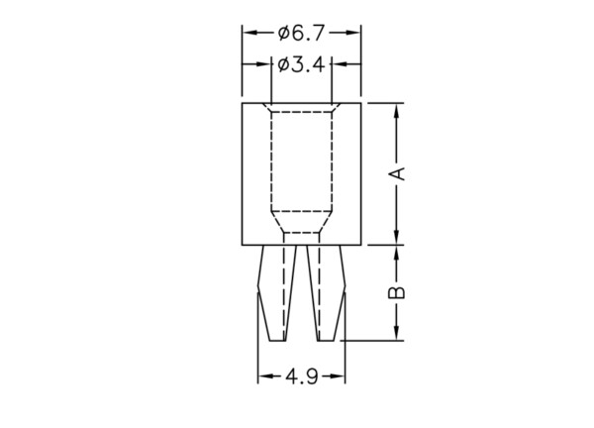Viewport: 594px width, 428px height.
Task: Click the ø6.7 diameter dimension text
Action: [x=301, y=34]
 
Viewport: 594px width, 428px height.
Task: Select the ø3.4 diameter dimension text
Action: [x=301, y=64]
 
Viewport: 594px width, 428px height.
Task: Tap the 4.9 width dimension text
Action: [x=302, y=376]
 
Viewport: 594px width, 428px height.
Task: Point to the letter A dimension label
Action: [x=397, y=173]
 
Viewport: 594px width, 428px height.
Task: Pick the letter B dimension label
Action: [x=397, y=292]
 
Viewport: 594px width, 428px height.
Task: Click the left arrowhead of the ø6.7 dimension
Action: [x=250, y=33]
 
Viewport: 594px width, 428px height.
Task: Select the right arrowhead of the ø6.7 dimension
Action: [x=352, y=33]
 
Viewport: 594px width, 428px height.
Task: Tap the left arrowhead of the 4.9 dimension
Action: [x=265, y=376]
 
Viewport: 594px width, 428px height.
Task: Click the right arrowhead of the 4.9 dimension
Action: [x=338, y=376]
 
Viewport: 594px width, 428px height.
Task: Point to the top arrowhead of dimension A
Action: [x=397, y=111]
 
